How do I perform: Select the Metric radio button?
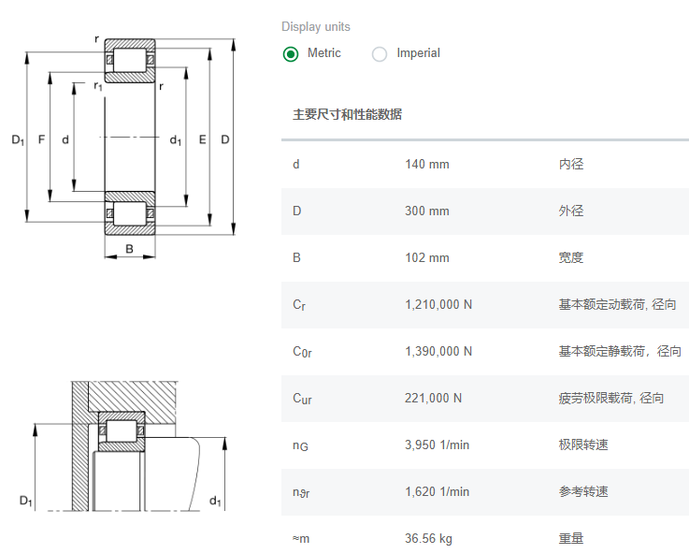tap(291, 54)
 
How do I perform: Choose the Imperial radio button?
tap(380, 54)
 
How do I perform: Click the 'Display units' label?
tap(316, 27)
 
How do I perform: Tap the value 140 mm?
tap(426, 165)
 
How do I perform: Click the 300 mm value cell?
tap(426, 211)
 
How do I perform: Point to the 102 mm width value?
tap(426, 258)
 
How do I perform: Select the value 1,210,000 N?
tap(438, 305)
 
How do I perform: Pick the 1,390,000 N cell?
tap(438, 352)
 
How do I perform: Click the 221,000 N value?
tap(433, 399)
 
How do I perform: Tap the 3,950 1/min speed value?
tap(437, 445)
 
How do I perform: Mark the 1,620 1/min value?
tap(437, 492)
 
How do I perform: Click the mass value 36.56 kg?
tap(428, 539)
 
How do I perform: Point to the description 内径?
tap(570, 165)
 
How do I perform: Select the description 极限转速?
tap(583, 445)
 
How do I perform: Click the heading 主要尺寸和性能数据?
tap(347, 115)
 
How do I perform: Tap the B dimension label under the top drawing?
tap(129, 249)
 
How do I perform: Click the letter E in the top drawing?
tap(203, 140)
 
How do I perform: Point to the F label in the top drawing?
tap(41, 140)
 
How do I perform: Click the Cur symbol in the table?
tap(302, 399)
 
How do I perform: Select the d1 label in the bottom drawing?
tap(215, 502)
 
